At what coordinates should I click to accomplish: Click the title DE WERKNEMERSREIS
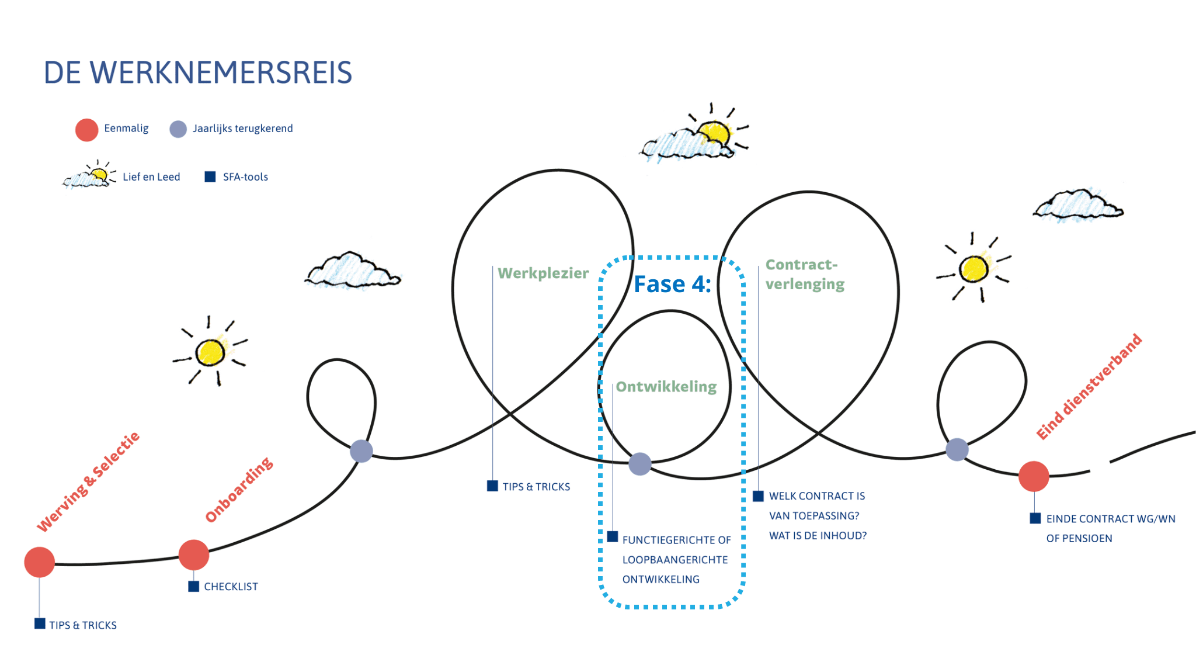pyautogui.click(x=198, y=73)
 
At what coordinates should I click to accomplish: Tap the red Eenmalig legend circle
pyautogui.click(x=86, y=130)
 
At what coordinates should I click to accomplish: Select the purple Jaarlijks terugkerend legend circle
pyautogui.click(x=178, y=129)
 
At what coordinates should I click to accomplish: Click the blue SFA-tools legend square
pyautogui.click(x=210, y=177)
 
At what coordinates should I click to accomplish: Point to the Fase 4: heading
pyautogui.click(x=672, y=284)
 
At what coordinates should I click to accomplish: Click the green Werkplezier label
pyautogui.click(x=543, y=273)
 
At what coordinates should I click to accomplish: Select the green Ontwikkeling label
pyautogui.click(x=666, y=387)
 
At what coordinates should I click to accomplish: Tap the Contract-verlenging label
pyautogui.click(x=805, y=275)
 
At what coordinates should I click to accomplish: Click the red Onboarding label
pyautogui.click(x=239, y=490)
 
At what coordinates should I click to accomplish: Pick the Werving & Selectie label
pyautogui.click(x=88, y=482)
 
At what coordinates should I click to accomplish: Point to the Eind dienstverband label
pyautogui.click(x=1089, y=387)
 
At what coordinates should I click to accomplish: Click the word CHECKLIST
pyautogui.click(x=231, y=587)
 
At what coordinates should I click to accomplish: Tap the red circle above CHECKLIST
pyautogui.click(x=194, y=555)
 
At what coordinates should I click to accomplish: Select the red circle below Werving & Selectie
pyautogui.click(x=39, y=562)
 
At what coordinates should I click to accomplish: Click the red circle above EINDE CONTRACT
pyautogui.click(x=1034, y=476)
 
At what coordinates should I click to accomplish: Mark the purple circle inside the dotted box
pyautogui.click(x=640, y=464)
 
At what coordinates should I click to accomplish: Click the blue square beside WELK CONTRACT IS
pyautogui.click(x=758, y=496)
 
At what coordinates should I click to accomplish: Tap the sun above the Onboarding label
pyautogui.click(x=210, y=352)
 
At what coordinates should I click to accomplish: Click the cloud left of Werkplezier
pyautogui.click(x=352, y=271)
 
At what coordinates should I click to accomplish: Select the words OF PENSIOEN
pyautogui.click(x=1079, y=539)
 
